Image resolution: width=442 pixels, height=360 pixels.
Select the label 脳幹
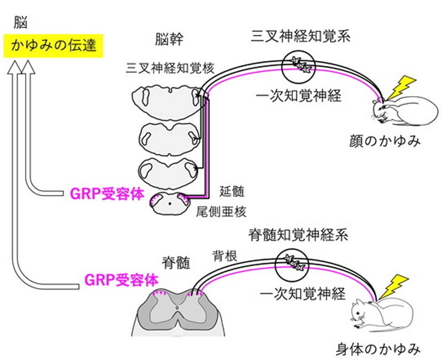(x=169, y=40)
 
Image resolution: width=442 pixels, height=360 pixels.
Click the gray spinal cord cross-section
(x=178, y=312)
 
